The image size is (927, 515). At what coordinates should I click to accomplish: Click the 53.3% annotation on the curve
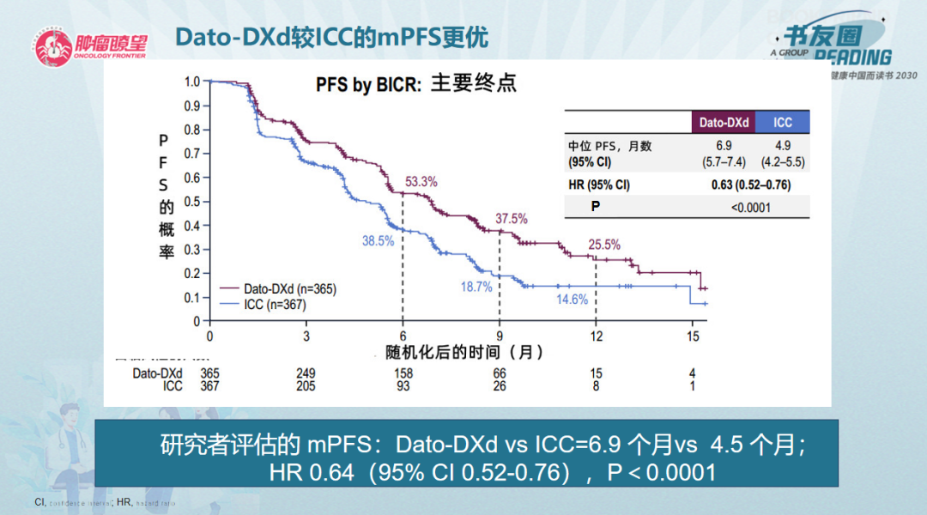tap(421, 182)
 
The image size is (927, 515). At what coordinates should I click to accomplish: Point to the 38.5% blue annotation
tap(378, 241)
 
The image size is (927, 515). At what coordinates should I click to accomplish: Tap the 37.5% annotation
tap(512, 218)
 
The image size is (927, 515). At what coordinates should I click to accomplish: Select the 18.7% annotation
tap(476, 287)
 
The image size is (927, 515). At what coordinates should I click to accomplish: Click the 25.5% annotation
tap(603, 245)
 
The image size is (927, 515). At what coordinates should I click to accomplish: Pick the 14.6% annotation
tap(573, 300)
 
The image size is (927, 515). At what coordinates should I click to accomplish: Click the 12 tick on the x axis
tap(597, 335)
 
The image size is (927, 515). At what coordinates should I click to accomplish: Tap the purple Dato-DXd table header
tap(723, 123)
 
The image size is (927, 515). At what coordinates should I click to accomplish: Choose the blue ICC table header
tap(782, 123)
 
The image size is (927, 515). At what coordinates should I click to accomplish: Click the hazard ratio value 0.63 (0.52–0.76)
tap(751, 185)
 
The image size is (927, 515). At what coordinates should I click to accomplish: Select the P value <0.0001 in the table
tap(751, 207)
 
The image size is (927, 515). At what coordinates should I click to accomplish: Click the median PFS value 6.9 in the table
tap(724, 146)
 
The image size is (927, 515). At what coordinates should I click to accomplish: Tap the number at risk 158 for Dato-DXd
tap(403, 373)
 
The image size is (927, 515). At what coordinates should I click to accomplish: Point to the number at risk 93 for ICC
tap(403, 386)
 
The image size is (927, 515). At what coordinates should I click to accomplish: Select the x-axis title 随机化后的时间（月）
tap(463, 352)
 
